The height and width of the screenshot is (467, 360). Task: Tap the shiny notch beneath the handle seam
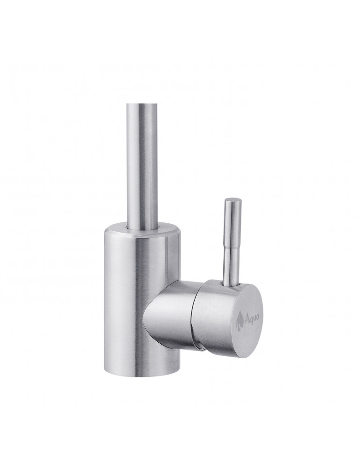(200, 346)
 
